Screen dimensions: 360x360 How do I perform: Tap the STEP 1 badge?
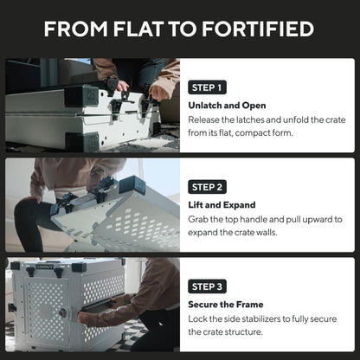(x=209, y=87)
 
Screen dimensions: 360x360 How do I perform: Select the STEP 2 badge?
(x=209, y=186)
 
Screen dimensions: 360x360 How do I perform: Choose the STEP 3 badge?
(x=209, y=286)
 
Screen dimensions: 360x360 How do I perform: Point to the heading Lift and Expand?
(x=222, y=205)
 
